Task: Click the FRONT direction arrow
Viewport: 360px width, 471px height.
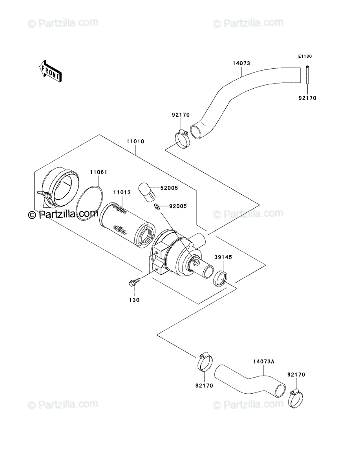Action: pyautogui.click(x=50, y=71)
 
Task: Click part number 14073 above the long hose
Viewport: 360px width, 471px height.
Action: pyautogui.click(x=241, y=63)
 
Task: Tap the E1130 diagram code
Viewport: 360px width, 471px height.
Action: pyautogui.click(x=305, y=57)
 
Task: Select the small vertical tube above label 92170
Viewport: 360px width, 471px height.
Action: pyautogui.click(x=307, y=75)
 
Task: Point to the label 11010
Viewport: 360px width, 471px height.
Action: pyautogui.click(x=135, y=141)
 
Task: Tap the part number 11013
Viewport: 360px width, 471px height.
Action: pyautogui.click(x=122, y=192)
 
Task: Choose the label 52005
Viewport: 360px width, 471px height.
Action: pyautogui.click(x=169, y=188)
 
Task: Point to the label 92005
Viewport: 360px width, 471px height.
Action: pyautogui.click(x=178, y=206)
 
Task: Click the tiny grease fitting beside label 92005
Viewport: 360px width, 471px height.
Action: pyautogui.click(x=157, y=207)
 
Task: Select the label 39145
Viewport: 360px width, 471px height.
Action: pyautogui.click(x=223, y=257)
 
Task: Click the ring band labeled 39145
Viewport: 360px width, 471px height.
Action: pyautogui.click(x=220, y=279)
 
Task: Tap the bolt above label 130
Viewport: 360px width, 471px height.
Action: pyautogui.click(x=135, y=281)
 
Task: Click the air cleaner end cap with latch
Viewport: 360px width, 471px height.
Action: pyautogui.click(x=57, y=186)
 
